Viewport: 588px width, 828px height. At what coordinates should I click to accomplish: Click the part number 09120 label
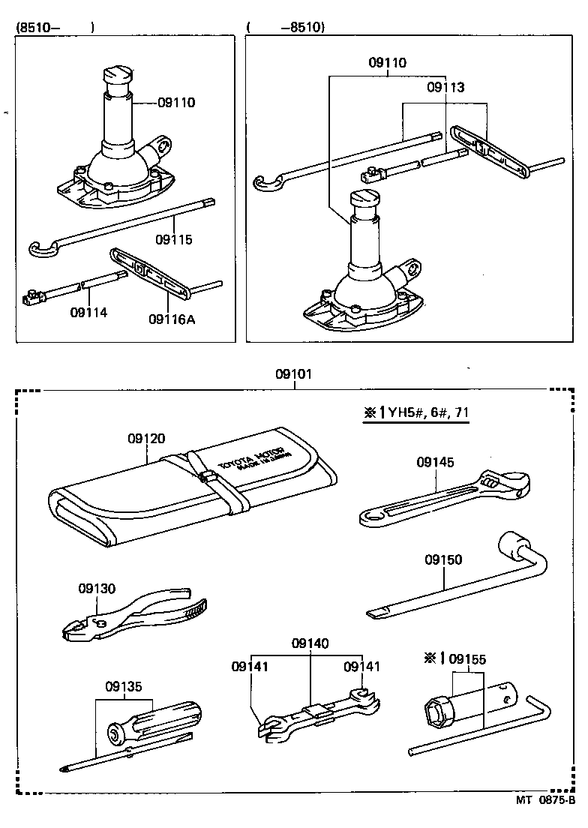(x=146, y=439)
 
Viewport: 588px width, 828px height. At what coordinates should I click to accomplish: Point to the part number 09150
(x=443, y=559)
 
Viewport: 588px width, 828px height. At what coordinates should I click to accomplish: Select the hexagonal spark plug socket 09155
(x=436, y=711)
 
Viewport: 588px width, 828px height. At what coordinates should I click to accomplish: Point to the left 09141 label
(x=250, y=666)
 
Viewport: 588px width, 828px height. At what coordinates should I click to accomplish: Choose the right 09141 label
(x=362, y=666)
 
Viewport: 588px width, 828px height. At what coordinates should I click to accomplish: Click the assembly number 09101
(x=294, y=374)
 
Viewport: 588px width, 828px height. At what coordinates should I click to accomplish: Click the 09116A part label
(x=171, y=319)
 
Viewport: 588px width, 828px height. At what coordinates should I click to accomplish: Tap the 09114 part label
(x=88, y=312)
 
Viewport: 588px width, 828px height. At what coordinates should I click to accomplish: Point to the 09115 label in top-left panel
(x=174, y=240)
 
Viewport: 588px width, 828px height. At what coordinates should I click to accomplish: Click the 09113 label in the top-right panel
(x=445, y=88)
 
